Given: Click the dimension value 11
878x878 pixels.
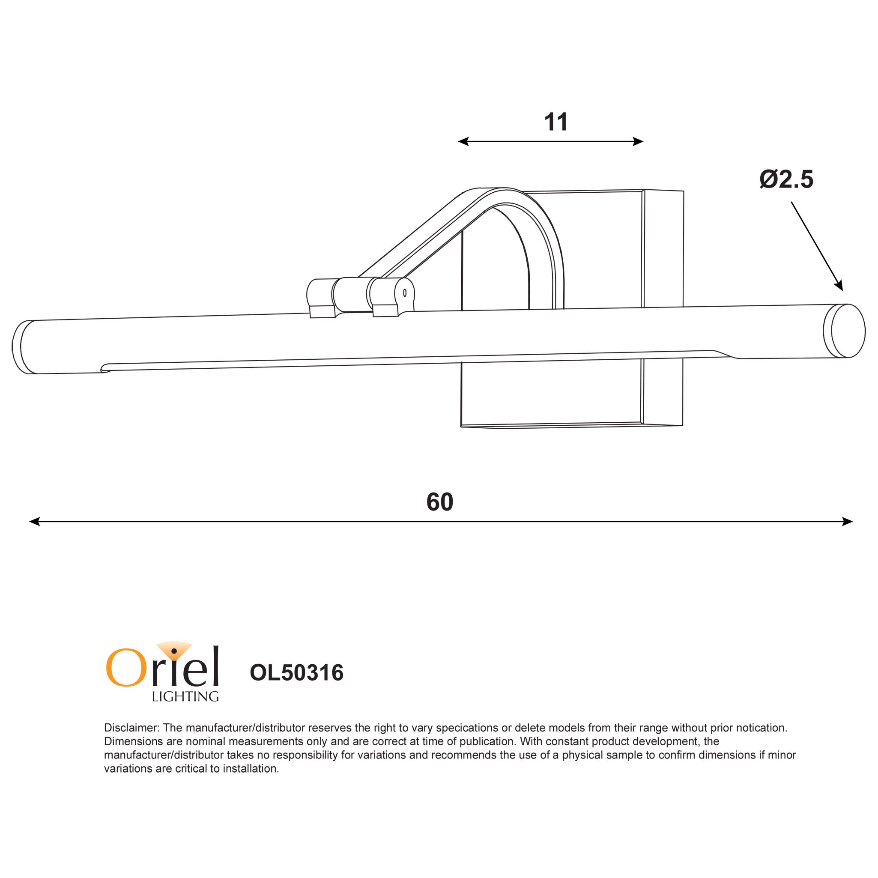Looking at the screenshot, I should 556,122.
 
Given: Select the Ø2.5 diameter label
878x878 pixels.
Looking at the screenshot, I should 786,179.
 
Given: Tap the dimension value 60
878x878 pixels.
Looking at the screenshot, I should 439,502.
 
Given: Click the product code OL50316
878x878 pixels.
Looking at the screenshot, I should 296,673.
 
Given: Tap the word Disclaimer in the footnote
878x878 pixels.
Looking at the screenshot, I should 131,728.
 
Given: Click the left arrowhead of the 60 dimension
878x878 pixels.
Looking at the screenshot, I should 33,522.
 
